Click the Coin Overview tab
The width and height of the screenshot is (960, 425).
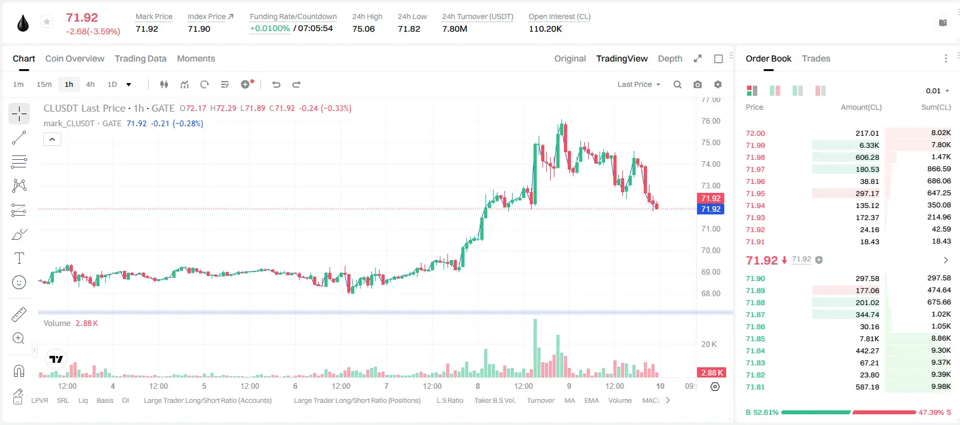click(75, 58)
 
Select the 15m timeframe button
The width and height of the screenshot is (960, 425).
click(44, 84)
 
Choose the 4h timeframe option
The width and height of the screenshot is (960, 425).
click(90, 84)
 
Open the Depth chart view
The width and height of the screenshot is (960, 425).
click(670, 58)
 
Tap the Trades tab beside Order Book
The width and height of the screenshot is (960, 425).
click(816, 58)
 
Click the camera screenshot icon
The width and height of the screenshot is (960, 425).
click(697, 84)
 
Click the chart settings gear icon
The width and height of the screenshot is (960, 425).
click(718, 84)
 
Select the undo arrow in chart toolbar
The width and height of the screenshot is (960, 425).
click(276, 84)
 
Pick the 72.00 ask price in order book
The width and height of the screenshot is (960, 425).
click(755, 133)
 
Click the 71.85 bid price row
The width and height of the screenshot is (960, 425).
click(755, 339)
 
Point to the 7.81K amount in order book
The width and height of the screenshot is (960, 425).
click(869, 339)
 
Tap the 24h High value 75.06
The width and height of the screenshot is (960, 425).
click(364, 29)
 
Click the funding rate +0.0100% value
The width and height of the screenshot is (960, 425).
click(269, 29)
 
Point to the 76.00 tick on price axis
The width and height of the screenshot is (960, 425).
click(710, 121)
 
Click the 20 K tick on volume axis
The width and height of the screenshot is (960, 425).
click(709, 344)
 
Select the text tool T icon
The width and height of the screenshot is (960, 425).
click(19, 258)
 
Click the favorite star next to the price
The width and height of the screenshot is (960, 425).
click(47, 22)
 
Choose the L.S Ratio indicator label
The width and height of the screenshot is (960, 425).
click(449, 400)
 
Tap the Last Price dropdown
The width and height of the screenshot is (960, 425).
click(639, 84)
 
